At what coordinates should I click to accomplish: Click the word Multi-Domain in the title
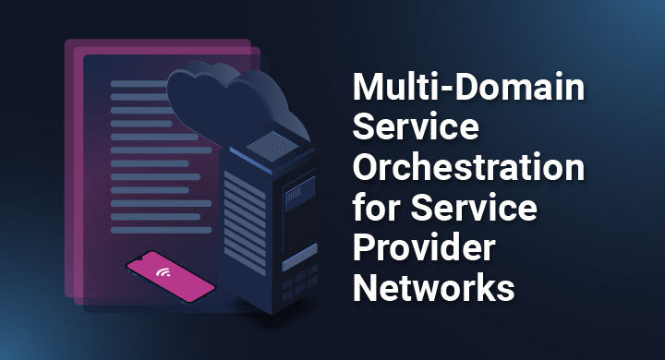(x=469, y=90)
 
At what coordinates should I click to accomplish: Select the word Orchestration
(x=470, y=170)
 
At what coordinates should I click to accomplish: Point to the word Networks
(x=434, y=288)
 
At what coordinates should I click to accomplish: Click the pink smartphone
(x=170, y=276)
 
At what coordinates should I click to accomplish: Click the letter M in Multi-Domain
(x=369, y=90)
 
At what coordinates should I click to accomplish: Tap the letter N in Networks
(x=369, y=288)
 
